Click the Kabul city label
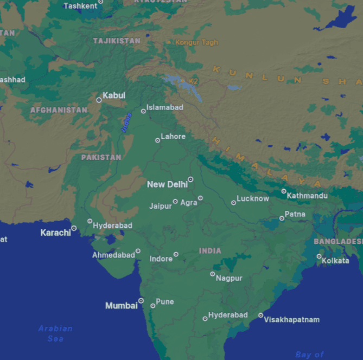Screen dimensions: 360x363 point(114,95)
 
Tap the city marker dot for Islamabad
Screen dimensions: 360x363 point(143,111)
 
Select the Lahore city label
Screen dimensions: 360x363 point(173,137)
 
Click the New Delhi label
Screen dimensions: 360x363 point(167,184)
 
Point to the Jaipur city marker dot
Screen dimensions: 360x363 point(175,202)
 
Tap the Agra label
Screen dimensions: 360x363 point(189,203)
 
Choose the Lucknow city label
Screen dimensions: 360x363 point(253,198)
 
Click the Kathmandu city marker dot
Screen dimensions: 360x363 point(284,191)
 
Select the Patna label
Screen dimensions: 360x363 point(295,214)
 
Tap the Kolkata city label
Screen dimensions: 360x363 point(335,261)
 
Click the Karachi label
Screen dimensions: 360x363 point(55,233)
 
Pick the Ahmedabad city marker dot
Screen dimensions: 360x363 point(138,251)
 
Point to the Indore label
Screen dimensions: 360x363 point(161,259)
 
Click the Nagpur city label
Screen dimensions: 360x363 point(229,278)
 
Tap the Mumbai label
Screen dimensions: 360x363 point(121,306)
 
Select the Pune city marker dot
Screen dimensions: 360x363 point(152,306)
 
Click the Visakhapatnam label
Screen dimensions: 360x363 point(292,319)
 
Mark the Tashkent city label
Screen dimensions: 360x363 point(80,6)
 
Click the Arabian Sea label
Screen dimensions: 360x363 point(55,333)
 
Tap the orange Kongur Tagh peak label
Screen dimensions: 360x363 point(196,42)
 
